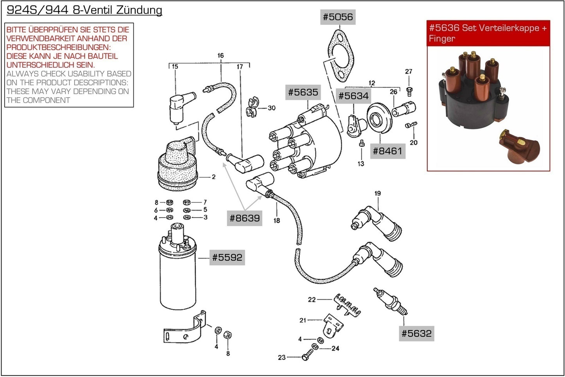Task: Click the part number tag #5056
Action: pos(338,17)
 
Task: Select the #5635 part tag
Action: pos(303,92)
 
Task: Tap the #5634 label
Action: pos(353,96)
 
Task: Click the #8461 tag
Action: pos(387,151)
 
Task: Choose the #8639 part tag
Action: pos(244,218)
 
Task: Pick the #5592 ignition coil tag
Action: pos(227,257)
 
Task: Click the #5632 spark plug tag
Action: pos(416,334)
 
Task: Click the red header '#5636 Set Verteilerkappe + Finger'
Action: pos(488,33)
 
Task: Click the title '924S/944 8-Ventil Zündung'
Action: pos(84,10)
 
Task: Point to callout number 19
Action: pos(377,193)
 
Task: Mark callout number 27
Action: pos(409,71)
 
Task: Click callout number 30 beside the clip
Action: pos(271,108)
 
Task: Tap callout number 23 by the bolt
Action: pos(282,357)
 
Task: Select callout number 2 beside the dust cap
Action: pos(213,177)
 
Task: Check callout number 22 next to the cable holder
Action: pos(312,300)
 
